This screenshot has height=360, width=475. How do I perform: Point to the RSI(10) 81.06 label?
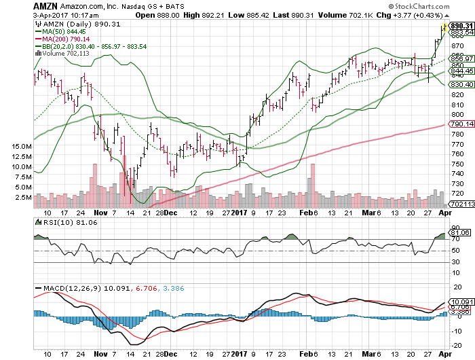coord(58,221)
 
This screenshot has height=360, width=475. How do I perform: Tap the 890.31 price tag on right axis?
coord(457,25)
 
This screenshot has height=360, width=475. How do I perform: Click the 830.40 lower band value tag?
coord(457,84)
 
